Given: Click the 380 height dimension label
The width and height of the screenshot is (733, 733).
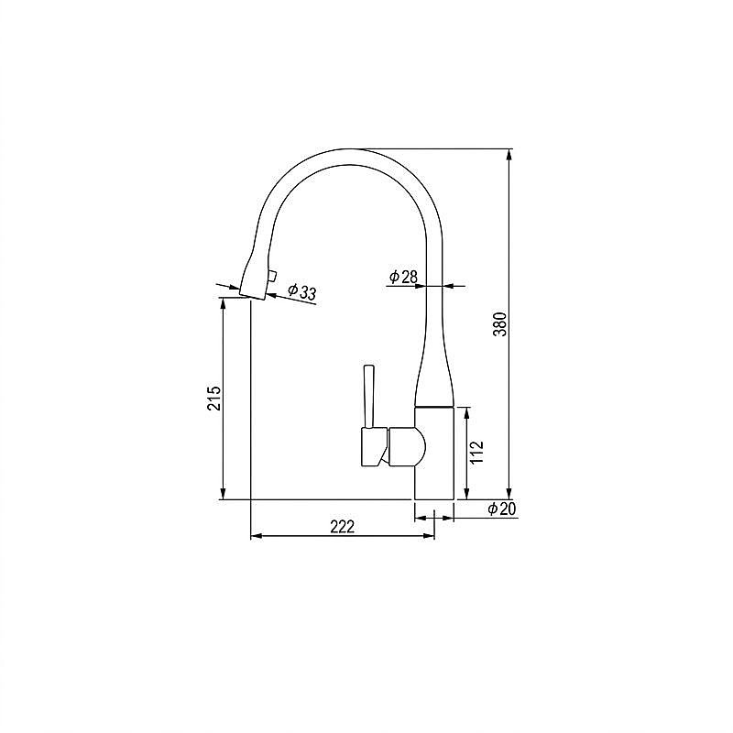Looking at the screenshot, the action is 500,324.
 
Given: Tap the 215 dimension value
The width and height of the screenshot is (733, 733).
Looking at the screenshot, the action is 214,398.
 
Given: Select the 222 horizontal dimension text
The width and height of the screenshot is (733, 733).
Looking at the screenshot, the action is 343,526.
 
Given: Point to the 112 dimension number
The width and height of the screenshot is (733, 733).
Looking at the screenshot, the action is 476,452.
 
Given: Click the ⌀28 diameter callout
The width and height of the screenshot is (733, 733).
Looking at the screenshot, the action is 403,277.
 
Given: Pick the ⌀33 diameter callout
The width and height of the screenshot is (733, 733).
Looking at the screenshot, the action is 302,291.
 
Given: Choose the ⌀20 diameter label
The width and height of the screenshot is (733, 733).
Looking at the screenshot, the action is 501,509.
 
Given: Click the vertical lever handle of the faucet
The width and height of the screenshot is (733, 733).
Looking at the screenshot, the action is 369,397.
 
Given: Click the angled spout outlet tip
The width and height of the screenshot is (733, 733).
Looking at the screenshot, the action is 253,295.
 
